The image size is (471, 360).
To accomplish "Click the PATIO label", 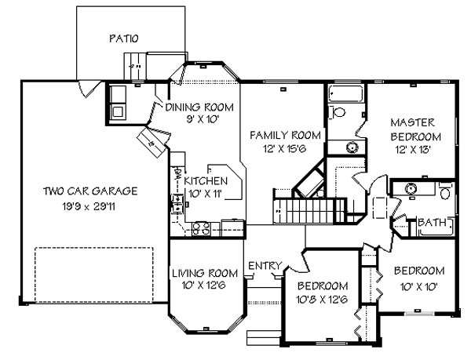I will click(123, 38).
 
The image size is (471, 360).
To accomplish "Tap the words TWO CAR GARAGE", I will click(91, 191).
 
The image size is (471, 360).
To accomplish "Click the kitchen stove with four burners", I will click(200, 229).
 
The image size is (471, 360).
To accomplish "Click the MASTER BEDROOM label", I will click(413, 129).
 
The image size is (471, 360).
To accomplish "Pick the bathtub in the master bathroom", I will click(344, 95).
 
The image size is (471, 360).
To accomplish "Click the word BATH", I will click(432, 224).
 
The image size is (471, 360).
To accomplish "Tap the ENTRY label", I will click(264, 267).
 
